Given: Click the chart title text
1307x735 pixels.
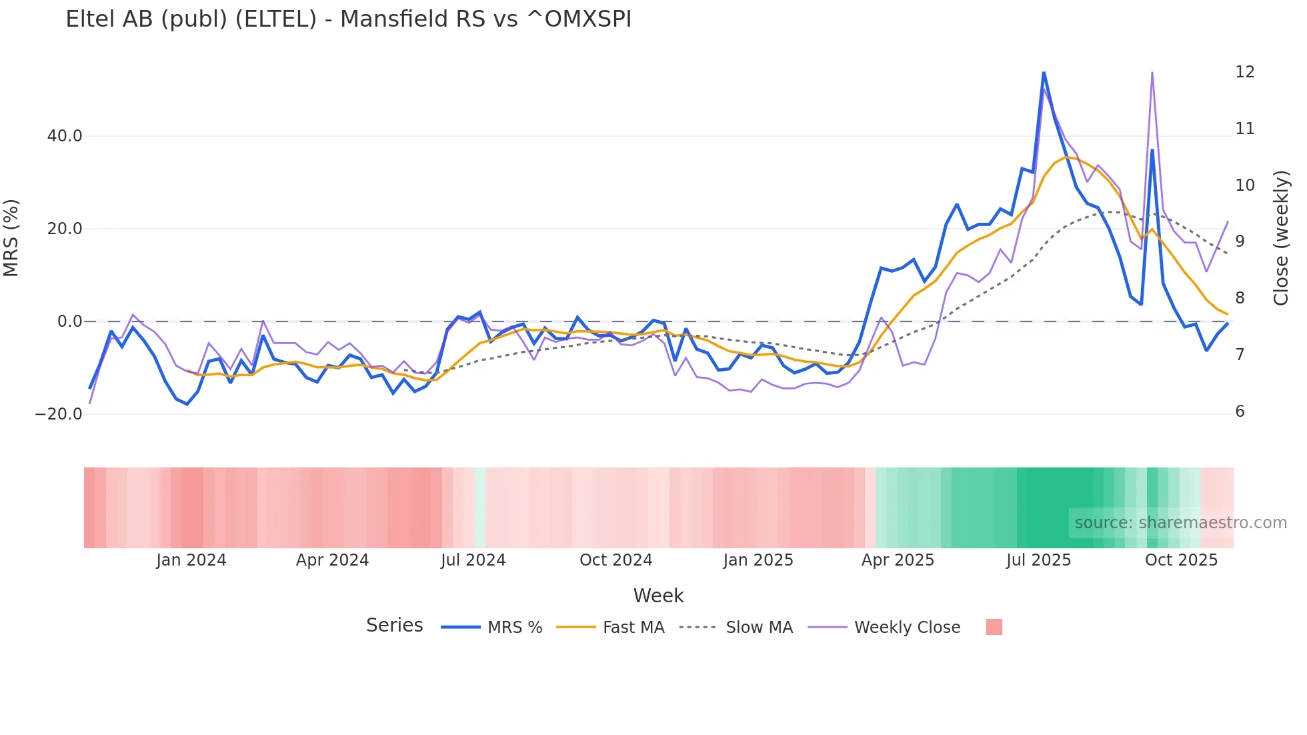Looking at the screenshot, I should (x=348, y=19).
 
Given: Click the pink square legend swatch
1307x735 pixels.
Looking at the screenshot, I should (x=994, y=627).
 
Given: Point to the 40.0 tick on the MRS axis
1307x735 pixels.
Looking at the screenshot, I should (x=65, y=136).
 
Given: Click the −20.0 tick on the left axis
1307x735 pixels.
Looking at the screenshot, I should (x=59, y=414).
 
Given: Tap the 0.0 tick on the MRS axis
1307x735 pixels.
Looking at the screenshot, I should (x=70, y=321).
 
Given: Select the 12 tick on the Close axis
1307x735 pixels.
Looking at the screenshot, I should (x=1245, y=72).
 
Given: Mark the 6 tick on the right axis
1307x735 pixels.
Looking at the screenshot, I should (x=1240, y=412).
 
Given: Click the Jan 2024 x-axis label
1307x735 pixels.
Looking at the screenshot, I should (x=191, y=560).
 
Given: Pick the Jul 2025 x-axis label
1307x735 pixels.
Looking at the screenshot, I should (x=1038, y=560).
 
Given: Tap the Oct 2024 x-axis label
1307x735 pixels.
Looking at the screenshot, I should (x=615, y=560).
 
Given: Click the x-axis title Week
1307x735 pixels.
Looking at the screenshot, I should (x=658, y=596).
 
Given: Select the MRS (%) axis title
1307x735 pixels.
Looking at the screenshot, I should (x=11, y=238).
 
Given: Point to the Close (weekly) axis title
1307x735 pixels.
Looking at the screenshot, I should (x=1281, y=238).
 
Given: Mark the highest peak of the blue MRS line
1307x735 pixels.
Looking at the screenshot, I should (x=1044, y=73).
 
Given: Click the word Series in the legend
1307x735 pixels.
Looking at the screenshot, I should (x=394, y=626).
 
